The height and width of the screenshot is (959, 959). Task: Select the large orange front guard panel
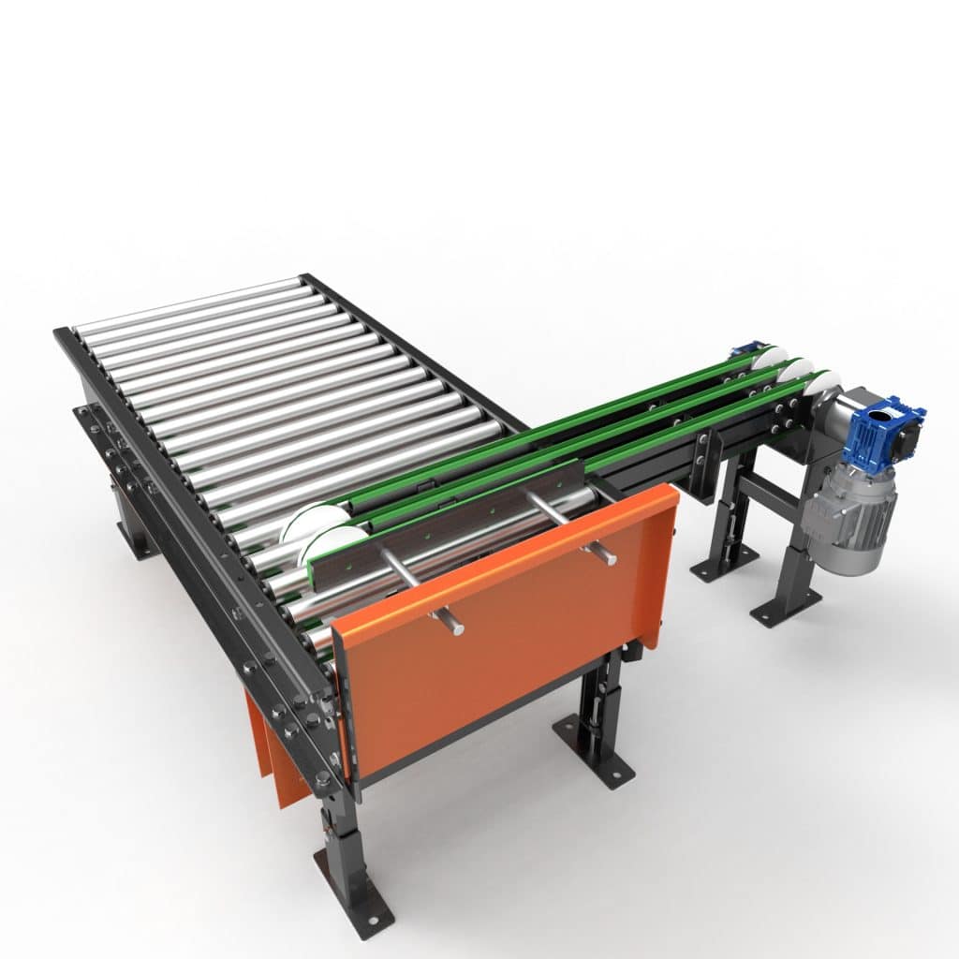(x=506, y=637)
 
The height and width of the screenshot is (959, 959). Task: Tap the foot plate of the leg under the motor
(x=785, y=607)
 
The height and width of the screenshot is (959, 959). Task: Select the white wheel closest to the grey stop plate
(x=332, y=543)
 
